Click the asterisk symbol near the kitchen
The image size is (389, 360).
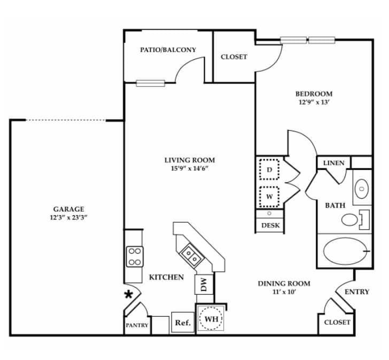click(x=128, y=294)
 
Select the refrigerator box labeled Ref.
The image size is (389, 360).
click(x=183, y=323)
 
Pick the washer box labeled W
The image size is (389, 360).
click(x=270, y=195)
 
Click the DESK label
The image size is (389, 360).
click(x=270, y=225)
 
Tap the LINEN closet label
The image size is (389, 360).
click(x=334, y=163)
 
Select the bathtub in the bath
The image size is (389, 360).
click(x=343, y=251)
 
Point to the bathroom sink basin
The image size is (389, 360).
click(x=362, y=188)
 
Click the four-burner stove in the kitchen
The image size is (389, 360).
click(x=134, y=256)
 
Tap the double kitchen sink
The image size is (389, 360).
click(x=190, y=254)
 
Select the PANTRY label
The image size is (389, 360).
click(x=137, y=325)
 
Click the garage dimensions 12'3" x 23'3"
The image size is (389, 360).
click(x=68, y=217)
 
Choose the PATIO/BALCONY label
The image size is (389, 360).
click(x=168, y=50)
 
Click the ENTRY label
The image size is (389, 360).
click(x=356, y=292)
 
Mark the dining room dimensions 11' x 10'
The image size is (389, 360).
click(x=284, y=292)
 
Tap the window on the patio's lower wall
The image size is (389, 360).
click(x=150, y=83)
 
